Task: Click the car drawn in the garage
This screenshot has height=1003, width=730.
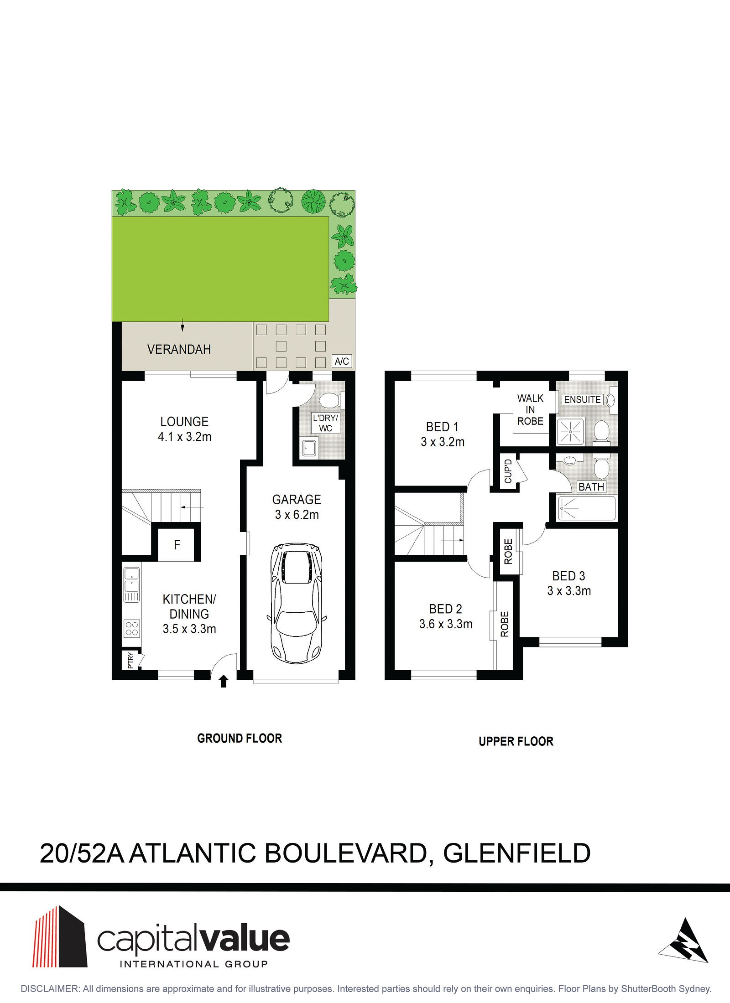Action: click(297, 603)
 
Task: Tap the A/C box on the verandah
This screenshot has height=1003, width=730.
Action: click(342, 362)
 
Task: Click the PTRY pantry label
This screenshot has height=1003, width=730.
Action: click(131, 660)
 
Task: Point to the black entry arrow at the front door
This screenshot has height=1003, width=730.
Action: click(224, 681)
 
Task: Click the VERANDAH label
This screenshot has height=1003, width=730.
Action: click(179, 349)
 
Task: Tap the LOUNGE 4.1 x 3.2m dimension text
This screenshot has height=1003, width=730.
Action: click(185, 437)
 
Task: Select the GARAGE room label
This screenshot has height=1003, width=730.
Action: click(297, 500)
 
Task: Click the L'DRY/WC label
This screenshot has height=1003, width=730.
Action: click(325, 423)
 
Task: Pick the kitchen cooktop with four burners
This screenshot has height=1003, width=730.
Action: click(132, 629)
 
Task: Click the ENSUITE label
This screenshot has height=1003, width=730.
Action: click(582, 399)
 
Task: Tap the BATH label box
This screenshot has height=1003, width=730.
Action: click(591, 487)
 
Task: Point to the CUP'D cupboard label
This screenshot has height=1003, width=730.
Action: click(508, 471)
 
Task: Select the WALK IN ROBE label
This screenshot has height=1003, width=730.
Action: click(530, 409)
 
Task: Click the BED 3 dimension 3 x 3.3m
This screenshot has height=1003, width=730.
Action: click(569, 591)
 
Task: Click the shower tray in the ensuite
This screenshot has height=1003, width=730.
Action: click(570, 431)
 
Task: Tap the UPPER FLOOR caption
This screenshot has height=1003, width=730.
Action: click(516, 741)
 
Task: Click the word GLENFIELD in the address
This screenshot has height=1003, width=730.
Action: click(517, 853)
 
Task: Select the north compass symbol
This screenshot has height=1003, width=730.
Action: click(684, 941)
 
